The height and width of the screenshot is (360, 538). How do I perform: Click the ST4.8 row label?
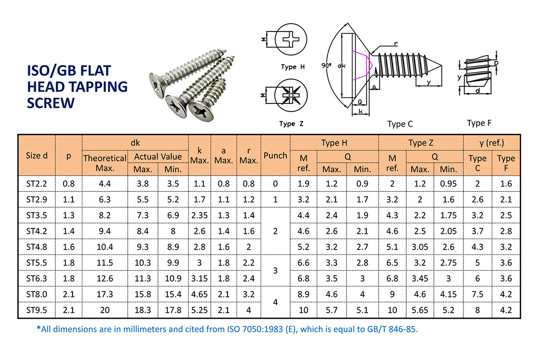pos(37,247)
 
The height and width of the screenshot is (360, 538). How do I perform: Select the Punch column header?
pos(275,155)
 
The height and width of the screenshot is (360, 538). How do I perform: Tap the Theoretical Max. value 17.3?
pos(105,294)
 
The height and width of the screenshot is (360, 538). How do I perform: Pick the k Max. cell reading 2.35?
pos(199,215)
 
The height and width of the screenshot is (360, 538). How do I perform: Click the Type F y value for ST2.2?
pos(506,183)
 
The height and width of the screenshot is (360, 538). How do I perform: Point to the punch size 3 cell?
pos(275,270)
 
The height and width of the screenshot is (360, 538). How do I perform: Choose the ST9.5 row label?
pos(37,310)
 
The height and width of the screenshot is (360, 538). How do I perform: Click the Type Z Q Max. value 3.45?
pos(420,279)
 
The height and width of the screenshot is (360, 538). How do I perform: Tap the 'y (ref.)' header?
pos(492,143)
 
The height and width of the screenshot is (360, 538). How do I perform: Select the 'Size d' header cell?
pos(37,155)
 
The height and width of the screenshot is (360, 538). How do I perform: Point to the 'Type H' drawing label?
pos(295,67)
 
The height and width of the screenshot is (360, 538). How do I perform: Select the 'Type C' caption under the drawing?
pos(400,124)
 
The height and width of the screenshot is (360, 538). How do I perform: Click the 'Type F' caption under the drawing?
pos(479,123)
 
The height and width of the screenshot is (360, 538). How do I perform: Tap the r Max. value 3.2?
pos(248,294)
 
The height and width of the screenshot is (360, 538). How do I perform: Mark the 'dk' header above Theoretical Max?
pos(135,143)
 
